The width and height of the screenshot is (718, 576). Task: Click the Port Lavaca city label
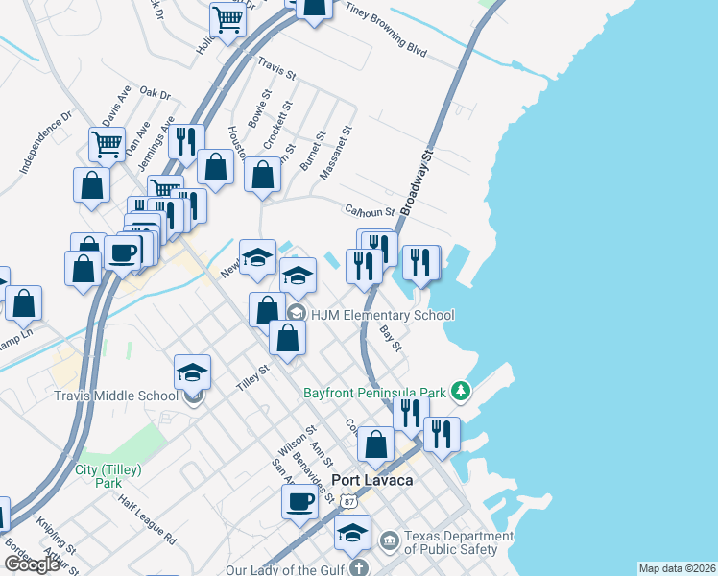pos(371,480)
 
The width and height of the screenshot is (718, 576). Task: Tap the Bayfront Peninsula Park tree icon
pos(463,391)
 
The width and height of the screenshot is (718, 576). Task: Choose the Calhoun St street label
pos(370,210)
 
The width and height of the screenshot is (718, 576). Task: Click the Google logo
pos(32,564)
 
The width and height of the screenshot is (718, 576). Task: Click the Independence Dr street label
pos(46,143)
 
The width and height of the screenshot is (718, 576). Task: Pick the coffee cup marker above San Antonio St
pos(299,500)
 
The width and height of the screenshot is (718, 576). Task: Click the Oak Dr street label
pos(154,94)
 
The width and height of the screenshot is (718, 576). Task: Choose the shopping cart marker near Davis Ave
pos(107,144)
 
